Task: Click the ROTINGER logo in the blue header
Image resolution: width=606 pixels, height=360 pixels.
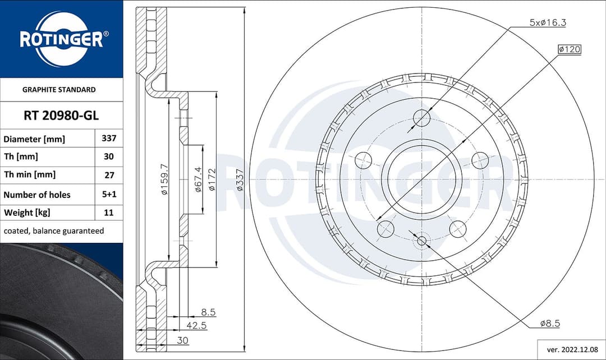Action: pos(61,39)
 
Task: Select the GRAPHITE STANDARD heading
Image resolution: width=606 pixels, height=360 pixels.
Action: pos(59,89)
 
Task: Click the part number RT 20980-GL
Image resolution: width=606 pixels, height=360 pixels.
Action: pos(61,116)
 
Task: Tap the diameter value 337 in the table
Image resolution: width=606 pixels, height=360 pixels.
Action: pos(109,138)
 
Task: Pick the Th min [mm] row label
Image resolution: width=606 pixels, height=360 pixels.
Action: pos(29,174)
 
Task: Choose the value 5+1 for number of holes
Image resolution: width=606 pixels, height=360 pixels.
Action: pos(109,194)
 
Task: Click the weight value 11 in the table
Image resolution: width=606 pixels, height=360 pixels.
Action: pos(109,213)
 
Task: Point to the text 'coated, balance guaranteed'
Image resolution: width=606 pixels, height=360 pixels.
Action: pos(54,230)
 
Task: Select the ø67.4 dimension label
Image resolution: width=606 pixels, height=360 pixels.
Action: pos(198,179)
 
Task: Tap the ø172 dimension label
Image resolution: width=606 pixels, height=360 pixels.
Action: pos(212,179)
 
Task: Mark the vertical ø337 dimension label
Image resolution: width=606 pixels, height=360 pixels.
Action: pos(240,179)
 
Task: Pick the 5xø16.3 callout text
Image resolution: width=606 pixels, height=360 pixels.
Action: pos(548,22)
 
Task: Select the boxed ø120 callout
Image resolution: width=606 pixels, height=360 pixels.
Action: pos(569,49)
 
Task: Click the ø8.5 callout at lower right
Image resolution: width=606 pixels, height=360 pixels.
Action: pos(550,324)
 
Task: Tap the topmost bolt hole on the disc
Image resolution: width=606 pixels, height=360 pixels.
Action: pos(421,118)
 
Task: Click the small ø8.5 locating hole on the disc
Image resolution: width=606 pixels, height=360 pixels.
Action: pos(421,242)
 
